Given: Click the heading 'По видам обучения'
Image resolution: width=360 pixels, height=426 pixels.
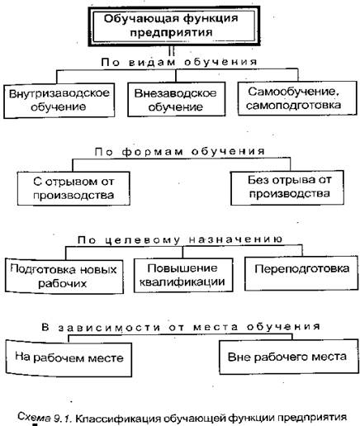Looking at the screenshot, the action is coord(179,62).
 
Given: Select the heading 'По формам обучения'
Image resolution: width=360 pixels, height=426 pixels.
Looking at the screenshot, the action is coord(180,152).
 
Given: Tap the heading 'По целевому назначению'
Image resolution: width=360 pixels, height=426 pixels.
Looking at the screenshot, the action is coord(180,239).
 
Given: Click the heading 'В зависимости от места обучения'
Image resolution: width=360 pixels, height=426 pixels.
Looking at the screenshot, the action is coord(181,327).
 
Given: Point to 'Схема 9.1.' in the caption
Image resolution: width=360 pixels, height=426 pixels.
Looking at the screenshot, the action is coord(45,418).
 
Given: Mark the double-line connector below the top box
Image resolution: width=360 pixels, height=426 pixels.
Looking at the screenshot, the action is coord(172,51).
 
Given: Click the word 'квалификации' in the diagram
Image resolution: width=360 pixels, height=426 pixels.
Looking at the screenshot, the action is coord(182,282).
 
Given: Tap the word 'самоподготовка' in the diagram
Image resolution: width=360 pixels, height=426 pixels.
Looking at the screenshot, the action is coord(294,105).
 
